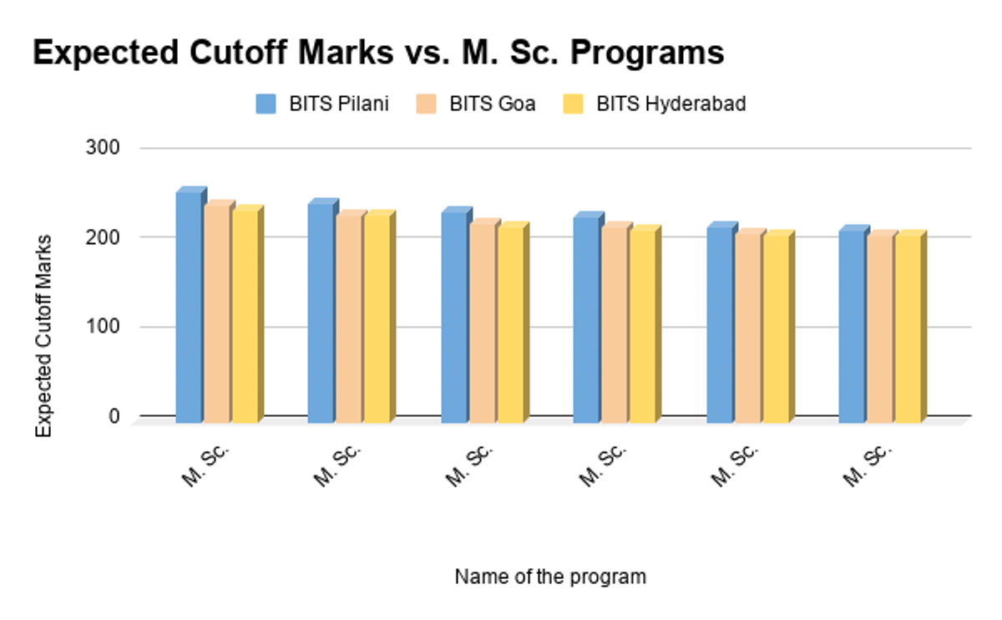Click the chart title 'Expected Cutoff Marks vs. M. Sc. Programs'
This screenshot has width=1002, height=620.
pyautogui.click(x=377, y=53)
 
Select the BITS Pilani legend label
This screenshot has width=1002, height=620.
pyautogui.click(x=339, y=105)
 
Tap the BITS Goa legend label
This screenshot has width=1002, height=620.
pyautogui.click(x=493, y=105)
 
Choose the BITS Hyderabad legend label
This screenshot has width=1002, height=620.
pyautogui.click(x=671, y=105)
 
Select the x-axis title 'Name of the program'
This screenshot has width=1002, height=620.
pyautogui.click(x=550, y=577)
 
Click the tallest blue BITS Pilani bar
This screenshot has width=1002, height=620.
pyautogui.click(x=189, y=305)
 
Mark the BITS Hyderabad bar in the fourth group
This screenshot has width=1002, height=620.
pyautogui.click(x=641, y=324)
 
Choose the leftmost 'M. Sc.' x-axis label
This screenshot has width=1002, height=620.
pyautogui.click(x=205, y=466)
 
